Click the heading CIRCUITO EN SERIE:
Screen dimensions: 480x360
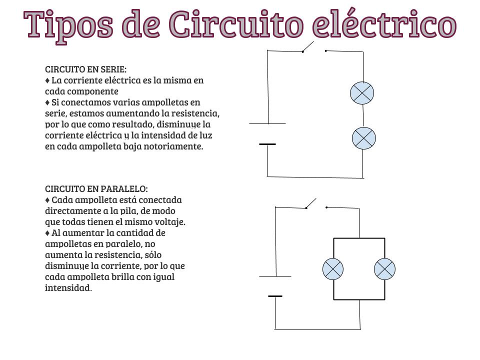point(85,69)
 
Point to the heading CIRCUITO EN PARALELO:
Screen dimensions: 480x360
point(96,189)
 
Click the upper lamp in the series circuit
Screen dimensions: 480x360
point(362,93)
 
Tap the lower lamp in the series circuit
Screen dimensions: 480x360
point(364,138)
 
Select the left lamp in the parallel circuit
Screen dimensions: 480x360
point(333,269)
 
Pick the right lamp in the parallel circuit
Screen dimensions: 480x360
point(384,269)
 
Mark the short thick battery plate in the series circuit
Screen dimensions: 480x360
point(267,144)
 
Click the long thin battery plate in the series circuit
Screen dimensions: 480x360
point(267,123)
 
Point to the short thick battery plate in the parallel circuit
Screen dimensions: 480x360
point(275,296)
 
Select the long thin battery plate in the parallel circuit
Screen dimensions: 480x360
point(275,276)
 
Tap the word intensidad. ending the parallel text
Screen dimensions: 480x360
point(68,288)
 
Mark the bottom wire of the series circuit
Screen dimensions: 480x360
point(315,177)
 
